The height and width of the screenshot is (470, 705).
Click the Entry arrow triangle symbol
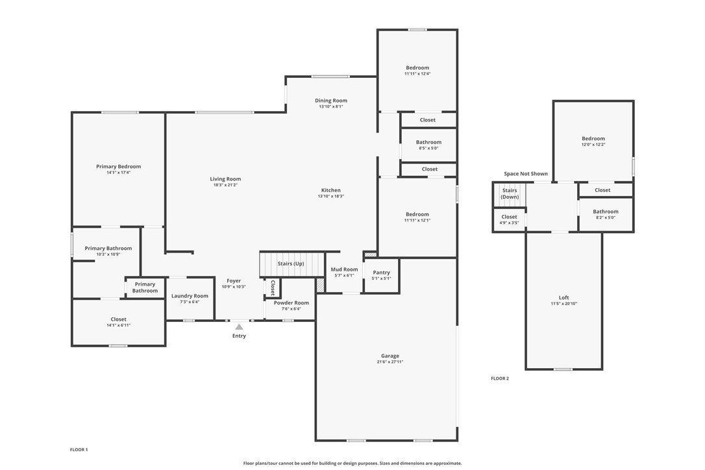[x=239, y=327]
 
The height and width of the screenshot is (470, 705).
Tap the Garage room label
[x=390, y=356]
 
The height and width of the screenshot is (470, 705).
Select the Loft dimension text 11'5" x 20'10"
[x=563, y=304]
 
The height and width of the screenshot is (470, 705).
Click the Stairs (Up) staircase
[x=291, y=264]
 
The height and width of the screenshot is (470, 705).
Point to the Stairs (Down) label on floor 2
[x=510, y=193]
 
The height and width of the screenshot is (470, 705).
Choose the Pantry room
[x=382, y=275]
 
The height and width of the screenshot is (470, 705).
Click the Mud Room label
[x=344, y=269]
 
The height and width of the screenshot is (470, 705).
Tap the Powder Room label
[x=291, y=303]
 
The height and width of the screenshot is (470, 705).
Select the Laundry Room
[x=190, y=299]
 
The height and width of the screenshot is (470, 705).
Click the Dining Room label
[x=331, y=101]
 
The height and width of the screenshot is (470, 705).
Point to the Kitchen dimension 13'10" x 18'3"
[x=331, y=196]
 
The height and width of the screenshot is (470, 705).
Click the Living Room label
[x=225, y=179]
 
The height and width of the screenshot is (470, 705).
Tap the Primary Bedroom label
[x=118, y=167]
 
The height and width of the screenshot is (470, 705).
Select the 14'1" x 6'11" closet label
[x=118, y=325]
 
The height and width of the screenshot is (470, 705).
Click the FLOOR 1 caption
[x=79, y=449]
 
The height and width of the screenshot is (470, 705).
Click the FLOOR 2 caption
[x=500, y=378]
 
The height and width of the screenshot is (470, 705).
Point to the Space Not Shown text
[x=526, y=174]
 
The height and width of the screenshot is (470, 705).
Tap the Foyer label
[x=234, y=281]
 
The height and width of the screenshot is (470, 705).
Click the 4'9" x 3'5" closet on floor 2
[x=510, y=219]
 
